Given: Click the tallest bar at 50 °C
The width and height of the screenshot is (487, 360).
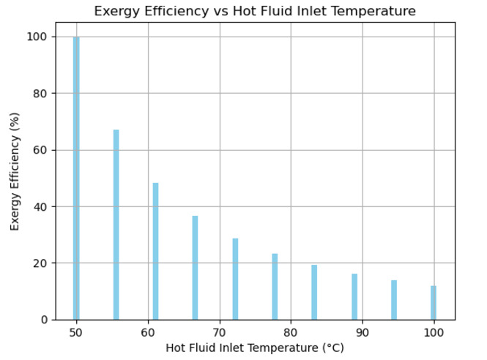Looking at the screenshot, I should [x=76, y=178].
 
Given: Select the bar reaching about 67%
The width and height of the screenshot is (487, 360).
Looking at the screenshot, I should [x=116, y=225].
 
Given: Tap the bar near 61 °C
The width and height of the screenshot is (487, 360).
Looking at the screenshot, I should [x=155, y=251].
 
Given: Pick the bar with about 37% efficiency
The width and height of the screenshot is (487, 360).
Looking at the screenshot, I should [x=195, y=268].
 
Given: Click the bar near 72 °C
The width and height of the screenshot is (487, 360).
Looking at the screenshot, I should [x=235, y=279].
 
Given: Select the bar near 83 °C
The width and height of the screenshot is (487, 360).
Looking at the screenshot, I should [x=314, y=292].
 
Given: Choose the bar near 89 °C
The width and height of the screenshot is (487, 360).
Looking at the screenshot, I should [x=354, y=296].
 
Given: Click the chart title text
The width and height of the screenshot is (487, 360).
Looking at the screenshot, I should [x=255, y=11].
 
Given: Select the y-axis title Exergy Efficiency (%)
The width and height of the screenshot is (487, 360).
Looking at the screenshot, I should [x=15, y=170].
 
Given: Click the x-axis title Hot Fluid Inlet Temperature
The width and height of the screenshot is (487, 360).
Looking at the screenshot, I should [x=255, y=348].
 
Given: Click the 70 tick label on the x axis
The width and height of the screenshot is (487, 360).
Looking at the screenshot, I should [x=220, y=331].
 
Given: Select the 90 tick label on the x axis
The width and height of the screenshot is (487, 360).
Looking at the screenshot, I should [x=363, y=331].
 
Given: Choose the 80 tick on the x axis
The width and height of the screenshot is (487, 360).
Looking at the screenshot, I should [x=291, y=331].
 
